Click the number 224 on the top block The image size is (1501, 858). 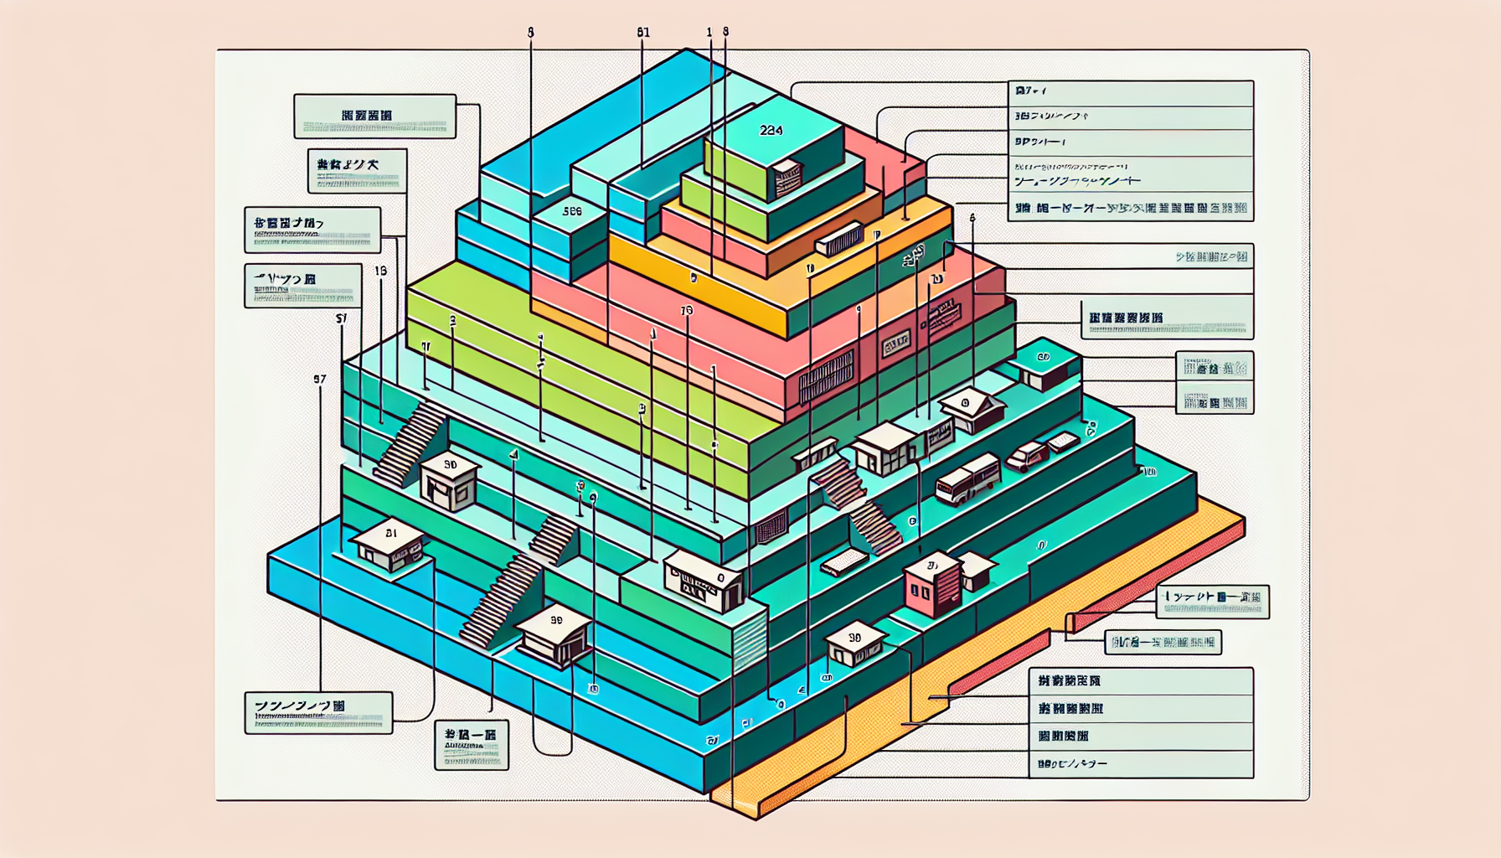(771, 130)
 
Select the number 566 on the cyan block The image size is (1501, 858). (572, 211)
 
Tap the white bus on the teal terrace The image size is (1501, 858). (967, 479)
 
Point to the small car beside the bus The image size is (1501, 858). (1027, 457)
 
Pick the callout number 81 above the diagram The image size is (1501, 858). (642, 33)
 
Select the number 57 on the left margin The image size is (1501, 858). (341, 318)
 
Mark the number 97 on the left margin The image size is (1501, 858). (319, 379)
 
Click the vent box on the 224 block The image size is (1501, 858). (787, 177)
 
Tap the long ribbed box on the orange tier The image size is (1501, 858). (839, 240)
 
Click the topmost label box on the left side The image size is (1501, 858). (374, 116)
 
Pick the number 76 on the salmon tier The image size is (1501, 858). (687, 310)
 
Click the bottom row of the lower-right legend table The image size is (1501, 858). (1140, 764)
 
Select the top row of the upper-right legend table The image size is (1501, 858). (1130, 91)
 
